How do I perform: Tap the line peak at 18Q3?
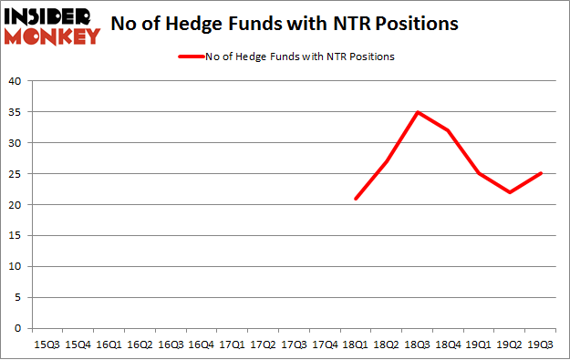pos(417,112)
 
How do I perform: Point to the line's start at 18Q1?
pos(355,199)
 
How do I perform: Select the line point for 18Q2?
pos(386,161)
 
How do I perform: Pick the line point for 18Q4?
pos(448,130)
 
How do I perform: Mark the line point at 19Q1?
pos(479,174)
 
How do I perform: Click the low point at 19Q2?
pos(510,192)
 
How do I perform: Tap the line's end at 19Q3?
pos(541,174)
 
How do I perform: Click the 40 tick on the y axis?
pos(15,81)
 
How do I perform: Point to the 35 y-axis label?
pos(15,112)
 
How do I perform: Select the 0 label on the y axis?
pos(18,328)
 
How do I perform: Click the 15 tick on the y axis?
pos(15,236)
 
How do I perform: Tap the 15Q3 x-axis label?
pos(47,345)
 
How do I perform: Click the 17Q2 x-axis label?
pos(262,345)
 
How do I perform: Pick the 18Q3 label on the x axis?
pos(417,345)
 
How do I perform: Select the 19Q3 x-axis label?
pos(541,345)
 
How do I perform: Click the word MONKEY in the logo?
pos(51,36)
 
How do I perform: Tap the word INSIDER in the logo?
pos(51,15)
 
